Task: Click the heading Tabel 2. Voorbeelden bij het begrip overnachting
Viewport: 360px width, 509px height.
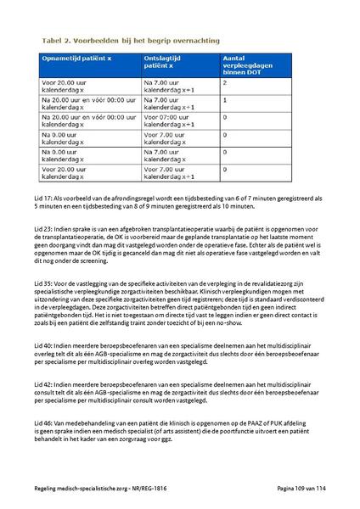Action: (x=129, y=41)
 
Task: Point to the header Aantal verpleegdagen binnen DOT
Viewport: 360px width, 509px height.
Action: (x=246, y=66)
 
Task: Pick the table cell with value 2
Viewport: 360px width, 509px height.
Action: (x=225, y=83)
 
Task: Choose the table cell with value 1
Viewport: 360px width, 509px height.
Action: (x=225, y=100)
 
